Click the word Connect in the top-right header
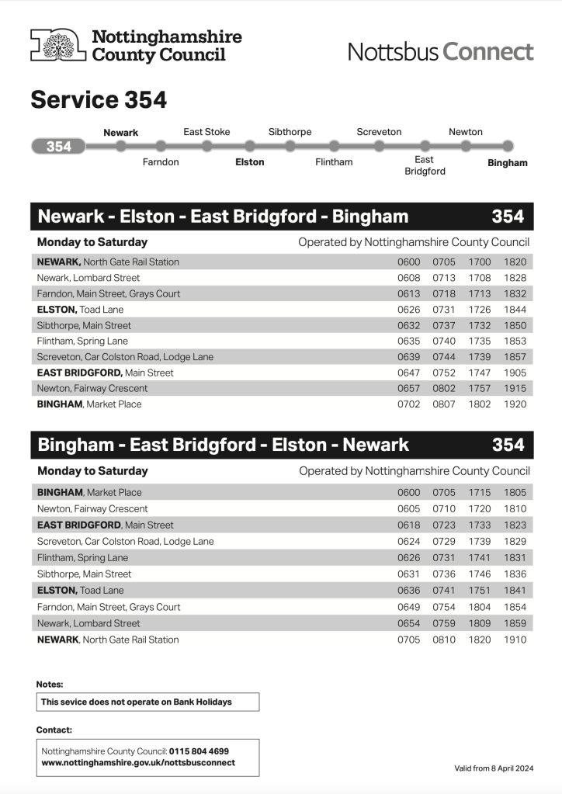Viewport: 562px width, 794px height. [x=488, y=52]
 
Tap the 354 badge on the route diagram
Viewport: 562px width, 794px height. [x=58, y=147]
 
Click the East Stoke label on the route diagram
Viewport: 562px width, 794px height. [x=206, y=132]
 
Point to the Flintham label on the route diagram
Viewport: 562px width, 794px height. [x=334, y=162]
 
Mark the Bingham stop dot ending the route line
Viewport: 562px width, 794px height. [x=508, y=146]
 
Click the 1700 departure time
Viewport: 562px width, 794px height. [x=479, y=262]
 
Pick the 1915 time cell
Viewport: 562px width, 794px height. [x=514, y=388]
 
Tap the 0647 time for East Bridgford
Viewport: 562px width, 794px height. [x=408, y=373]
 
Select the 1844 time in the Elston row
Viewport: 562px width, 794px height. [x=514, y=310]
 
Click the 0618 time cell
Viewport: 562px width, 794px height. [x=408, y=525]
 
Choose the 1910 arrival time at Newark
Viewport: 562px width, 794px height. [x=514, y=640]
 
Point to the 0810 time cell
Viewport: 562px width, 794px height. [x=443, y=640]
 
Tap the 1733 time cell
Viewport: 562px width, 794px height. [x=479, y=525]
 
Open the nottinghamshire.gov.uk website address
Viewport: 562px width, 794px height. [x=137, y=762]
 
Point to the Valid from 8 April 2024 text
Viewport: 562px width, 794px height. [x=494, y=768]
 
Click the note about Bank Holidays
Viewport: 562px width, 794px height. [x=137, y=702]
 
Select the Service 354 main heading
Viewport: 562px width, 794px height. [x=99, y=100]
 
